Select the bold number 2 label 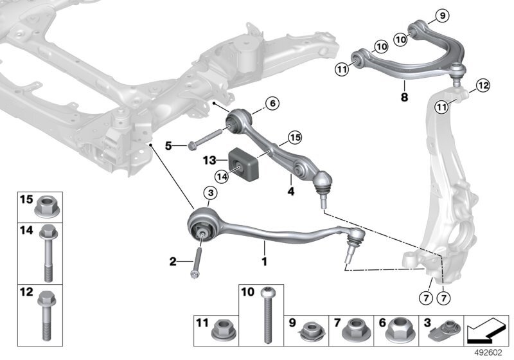173,262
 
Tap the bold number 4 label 290,191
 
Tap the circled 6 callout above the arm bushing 272,103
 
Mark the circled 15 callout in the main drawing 294,137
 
